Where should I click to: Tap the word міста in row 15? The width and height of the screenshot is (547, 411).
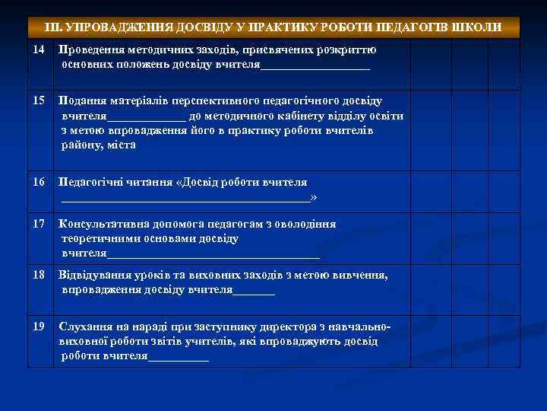(x=121, y=145)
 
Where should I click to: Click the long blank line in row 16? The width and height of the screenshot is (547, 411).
(x=186, y=199)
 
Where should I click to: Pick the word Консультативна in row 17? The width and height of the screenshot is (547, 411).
(x=103, y=225)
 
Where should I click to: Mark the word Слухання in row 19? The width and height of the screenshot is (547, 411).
(x=85, y=327)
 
